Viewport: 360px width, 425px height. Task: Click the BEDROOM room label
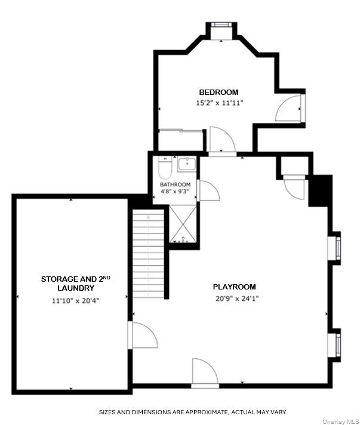click(x=219, y=92)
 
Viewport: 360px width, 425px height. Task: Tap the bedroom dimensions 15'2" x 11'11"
click(x=219, y=103)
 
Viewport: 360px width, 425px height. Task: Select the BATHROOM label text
click(x=175, y=184)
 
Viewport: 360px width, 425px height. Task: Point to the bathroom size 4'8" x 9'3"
click(x=175, y=192)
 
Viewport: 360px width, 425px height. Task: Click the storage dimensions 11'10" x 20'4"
click(x=76, y=300)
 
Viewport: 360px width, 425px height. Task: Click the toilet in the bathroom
click(x=165, y=169)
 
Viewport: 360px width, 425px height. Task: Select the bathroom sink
click(x=186, y=164)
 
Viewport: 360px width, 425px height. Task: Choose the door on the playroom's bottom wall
click(x=205, y=372)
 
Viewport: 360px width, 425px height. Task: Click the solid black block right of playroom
click(x=320, y=190)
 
